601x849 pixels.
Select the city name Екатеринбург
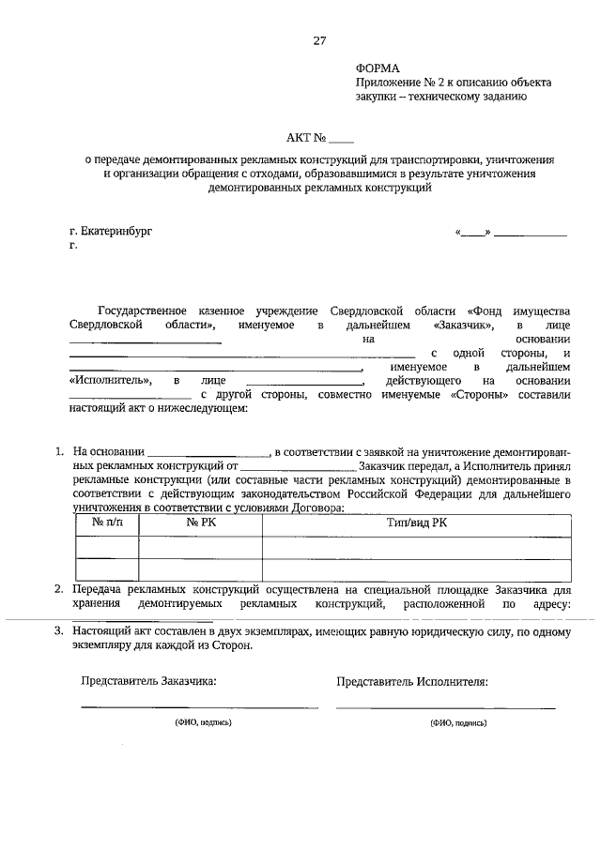[x=116, y=230]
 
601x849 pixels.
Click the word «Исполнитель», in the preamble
[x=111, y=382]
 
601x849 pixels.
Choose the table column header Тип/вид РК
[x=416, y=522]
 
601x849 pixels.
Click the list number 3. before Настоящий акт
[x=58, y=633]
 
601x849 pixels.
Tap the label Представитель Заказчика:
[x=149, y=682]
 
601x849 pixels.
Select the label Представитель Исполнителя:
[x=412, y=682]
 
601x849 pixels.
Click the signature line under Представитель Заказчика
[x=199, y=707]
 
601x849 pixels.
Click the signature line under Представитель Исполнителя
[x=445, y=707]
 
